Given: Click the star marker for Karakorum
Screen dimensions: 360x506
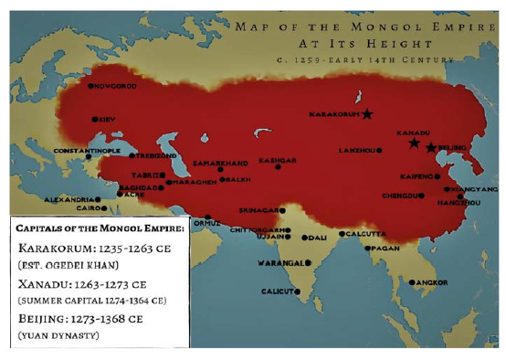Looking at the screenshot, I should point(367,114).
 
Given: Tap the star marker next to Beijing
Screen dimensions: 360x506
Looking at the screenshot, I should point(431,147).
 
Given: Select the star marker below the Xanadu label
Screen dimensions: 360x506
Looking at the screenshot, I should point(414,143).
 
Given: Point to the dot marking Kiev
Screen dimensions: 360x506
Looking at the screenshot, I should point(95,119).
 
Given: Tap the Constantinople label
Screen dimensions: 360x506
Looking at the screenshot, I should point(87,150).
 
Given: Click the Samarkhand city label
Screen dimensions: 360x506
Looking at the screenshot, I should point(220,163).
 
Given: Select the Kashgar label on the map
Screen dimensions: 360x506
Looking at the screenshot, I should point(278,160).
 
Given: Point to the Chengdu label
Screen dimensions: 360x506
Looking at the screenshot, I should point(401,195).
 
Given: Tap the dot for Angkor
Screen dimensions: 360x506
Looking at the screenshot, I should point(412,282).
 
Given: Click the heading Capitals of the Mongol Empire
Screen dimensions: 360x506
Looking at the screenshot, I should point(99,228).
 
